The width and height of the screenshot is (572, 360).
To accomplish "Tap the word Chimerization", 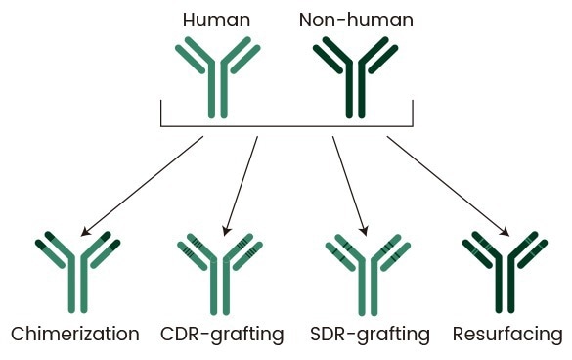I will (75, 335).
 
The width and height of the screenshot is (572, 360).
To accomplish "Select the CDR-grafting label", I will (222, 335).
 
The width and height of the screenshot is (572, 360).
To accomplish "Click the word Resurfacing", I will (507, 335).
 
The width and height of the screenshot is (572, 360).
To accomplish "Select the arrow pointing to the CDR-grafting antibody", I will (241, 186).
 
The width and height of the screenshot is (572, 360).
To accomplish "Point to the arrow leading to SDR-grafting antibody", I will (349, 186).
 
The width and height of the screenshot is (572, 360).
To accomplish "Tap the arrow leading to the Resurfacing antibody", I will (448, 186).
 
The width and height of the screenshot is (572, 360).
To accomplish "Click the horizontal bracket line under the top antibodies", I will (286, 127).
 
